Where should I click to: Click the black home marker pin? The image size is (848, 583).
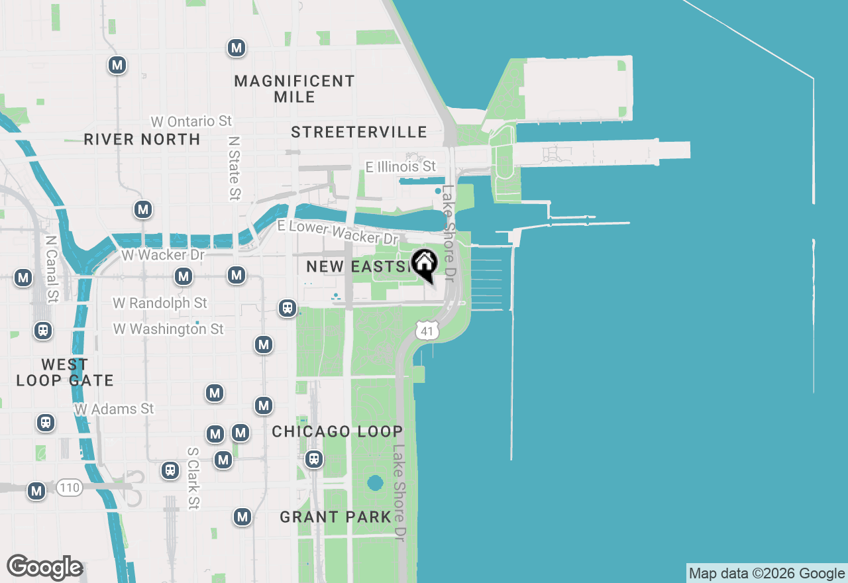pyautogui.click(x=424, y=264)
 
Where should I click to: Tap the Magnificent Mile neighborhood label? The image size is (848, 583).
pyautogui.click(x=295, y=89)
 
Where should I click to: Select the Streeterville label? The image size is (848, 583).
pyautogui.click(x=359, y=132)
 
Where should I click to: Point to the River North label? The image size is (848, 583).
pyautogui.click(x=142, y=139)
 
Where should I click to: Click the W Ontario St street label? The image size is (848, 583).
pyautogui.click(x=191, y=121)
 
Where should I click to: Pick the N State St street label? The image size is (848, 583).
pyautogui.click(x=233, y=168)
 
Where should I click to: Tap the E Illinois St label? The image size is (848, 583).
pyautogui.click(x=401, y=166)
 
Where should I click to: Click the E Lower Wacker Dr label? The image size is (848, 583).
pyautogui.click(x=338, y=232)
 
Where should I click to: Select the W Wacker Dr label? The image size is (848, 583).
pyautogui.click(x=163, y=254)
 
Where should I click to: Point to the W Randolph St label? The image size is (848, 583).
pyautogui.click(x=160, y=303)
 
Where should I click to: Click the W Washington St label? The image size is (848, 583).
pyautogui.click(x=168, y=329)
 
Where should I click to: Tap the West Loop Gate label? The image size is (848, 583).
pyautogui.click(x=65, y=372)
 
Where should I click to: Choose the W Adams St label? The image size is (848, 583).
pyautogui.click(x=114, y=409)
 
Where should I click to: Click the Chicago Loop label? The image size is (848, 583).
pyautogui.click(x=337, y=431)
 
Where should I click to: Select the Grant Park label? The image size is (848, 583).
pyautogui.click(x=335, y=517)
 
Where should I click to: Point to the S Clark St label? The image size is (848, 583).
pyautogui.click(x=193, y=478)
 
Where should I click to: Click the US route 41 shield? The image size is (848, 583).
pyautogui.click(x=428, y=330)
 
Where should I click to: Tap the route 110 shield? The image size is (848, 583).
pyautogui.click(x=69, y=488)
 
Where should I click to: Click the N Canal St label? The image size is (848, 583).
pyautogui.click(x=50, y=269)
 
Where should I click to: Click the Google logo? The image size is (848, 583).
pyautogui.click(x=44, y=568)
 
